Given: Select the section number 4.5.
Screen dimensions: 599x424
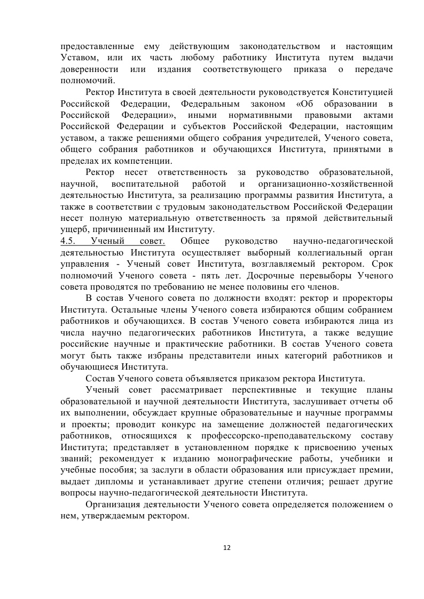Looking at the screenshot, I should tap(69, 241).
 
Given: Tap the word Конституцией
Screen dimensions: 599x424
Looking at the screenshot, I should tap(363, 92).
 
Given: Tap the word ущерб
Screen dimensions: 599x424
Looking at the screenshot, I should tap(73, 230).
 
